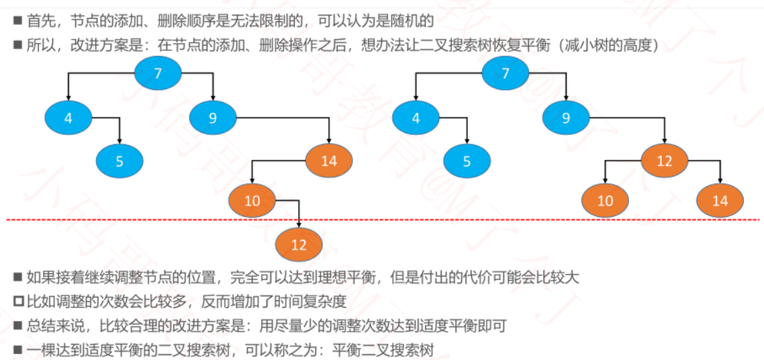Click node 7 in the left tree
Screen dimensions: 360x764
tap(158, 74)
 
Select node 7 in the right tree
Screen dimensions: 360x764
tap(506, 74)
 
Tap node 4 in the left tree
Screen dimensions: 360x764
tap(68, 118)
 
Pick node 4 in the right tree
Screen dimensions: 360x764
tap(416, 118)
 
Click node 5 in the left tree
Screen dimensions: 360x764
tap(119, 161)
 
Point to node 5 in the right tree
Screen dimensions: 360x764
tap(467, 161)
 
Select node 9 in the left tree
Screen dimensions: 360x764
tap(213, 118)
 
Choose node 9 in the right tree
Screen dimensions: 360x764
tap(566, 118)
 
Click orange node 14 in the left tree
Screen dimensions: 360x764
tap(329, 161)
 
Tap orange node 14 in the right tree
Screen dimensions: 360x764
tap(720, 201)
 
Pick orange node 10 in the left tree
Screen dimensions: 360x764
tap(252, 200)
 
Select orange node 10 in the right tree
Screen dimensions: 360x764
tap(605, 201)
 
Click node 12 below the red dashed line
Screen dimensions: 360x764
tap(299, 244)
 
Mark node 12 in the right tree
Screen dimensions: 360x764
tap(665, 161)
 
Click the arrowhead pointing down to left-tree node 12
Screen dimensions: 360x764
tap(299, 224)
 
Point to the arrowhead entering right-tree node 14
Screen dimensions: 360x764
tap(720, 181)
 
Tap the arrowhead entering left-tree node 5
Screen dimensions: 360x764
tap(119, 141)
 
